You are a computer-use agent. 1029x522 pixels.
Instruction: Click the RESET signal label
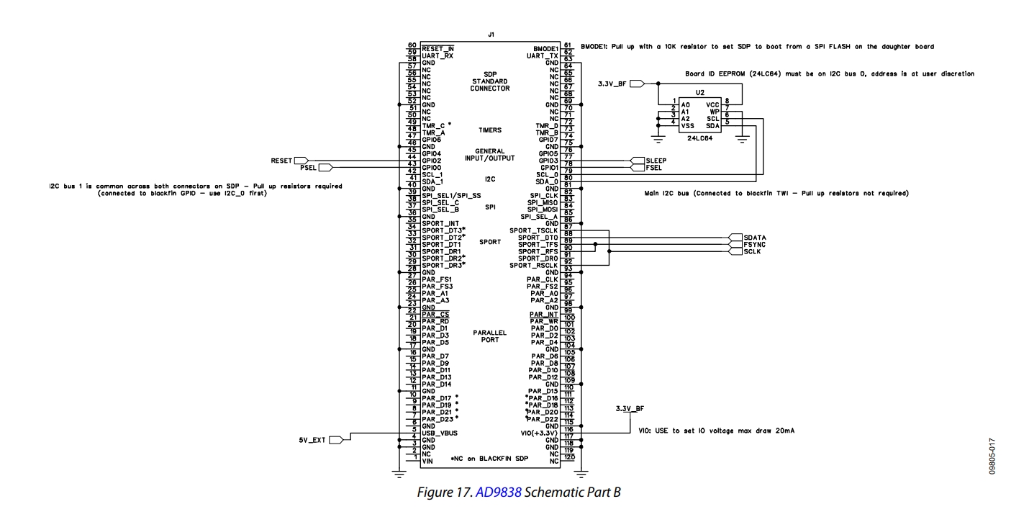click(x=281, y=161)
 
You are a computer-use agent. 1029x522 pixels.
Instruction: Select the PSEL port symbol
click(x=325, y=168)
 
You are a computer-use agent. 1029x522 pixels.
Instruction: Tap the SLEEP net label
click(x=656, y=161)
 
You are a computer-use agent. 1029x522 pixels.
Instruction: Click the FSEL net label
click(x=653, y=168)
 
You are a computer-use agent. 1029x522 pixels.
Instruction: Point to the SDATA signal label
click(x=755, y=238)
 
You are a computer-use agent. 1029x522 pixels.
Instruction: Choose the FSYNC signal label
click(x=754, y=245)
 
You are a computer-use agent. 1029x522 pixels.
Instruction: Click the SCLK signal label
click(x=752, y=252)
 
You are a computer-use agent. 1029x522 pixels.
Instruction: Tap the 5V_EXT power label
click(x=312, y=440)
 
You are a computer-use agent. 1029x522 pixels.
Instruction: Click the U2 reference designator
click(x=699, y=93)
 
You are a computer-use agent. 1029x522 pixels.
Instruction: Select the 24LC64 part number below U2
click(x=699, y=138)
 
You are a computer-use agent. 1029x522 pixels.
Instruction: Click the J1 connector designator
click(x=491, y=35)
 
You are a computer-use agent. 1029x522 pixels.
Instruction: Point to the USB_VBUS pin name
click(x=440, y=433)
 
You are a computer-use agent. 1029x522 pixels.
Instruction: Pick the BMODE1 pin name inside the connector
click(x=545, y=49)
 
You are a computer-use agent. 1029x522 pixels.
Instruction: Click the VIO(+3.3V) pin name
click(x=539, y=433)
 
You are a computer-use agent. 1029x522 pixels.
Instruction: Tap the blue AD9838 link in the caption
click(x=499, y=492)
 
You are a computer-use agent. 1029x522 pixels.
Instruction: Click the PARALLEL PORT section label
click(x=490, y=336)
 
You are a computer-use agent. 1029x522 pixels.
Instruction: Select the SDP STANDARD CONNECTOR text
click(x=490, y=81)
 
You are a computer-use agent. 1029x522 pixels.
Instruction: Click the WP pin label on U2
click(x=715, y=112)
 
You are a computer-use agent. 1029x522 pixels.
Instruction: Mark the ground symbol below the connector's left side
click(x=399, y=474)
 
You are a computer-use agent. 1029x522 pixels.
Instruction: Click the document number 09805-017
click(x=992, y=456)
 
